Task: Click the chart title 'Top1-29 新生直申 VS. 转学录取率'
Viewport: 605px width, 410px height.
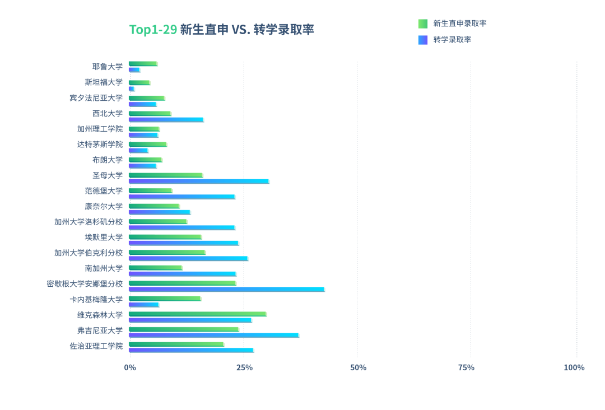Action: pyautogui.click(x=221, y=30)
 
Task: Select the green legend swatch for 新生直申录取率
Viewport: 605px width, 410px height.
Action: pyautogui.click(x=423, y=24)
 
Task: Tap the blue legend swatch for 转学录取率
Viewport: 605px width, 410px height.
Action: pyautogui.click(x=423, y=40)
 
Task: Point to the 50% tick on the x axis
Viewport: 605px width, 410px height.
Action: pyautogui.click(x=358, y=367)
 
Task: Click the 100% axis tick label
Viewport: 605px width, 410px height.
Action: pyautogui.click(x=574, y=367)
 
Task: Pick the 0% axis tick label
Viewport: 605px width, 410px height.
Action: pyautogui.click(x=130, y=367)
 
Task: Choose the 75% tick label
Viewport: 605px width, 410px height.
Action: pyautogui.click(x=466, y=367)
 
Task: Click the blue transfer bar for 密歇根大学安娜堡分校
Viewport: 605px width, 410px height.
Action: pyautogui.click(x=226, y=290)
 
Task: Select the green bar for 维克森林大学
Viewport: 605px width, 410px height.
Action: pyautogui.click(x=197, y=314)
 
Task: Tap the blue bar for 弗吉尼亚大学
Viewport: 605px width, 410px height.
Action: pyautogui.click(x=213, y=336)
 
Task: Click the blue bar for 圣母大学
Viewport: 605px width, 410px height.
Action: pyautogui.click(x=198, y=181)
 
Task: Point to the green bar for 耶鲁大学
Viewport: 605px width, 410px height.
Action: pyautogui.click(x=143, y=64)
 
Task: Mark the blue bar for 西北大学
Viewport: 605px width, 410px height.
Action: pyautogui.click(x=166, y=120)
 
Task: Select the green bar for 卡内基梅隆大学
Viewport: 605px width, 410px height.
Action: pyautogui.click(x=165, y=299)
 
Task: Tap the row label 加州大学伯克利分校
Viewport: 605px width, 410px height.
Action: pyautogui.click(x=89, y=253)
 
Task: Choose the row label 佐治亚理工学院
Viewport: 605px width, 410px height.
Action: pyautogui.click(x=96, y=346)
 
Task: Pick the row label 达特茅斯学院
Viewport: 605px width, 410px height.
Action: pyautogui.click(x=100, y=145)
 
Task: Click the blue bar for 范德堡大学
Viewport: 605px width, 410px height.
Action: pyautogui.click(x=182, y=197)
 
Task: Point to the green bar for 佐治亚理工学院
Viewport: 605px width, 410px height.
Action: pyautogui.click(x=176, y=344)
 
